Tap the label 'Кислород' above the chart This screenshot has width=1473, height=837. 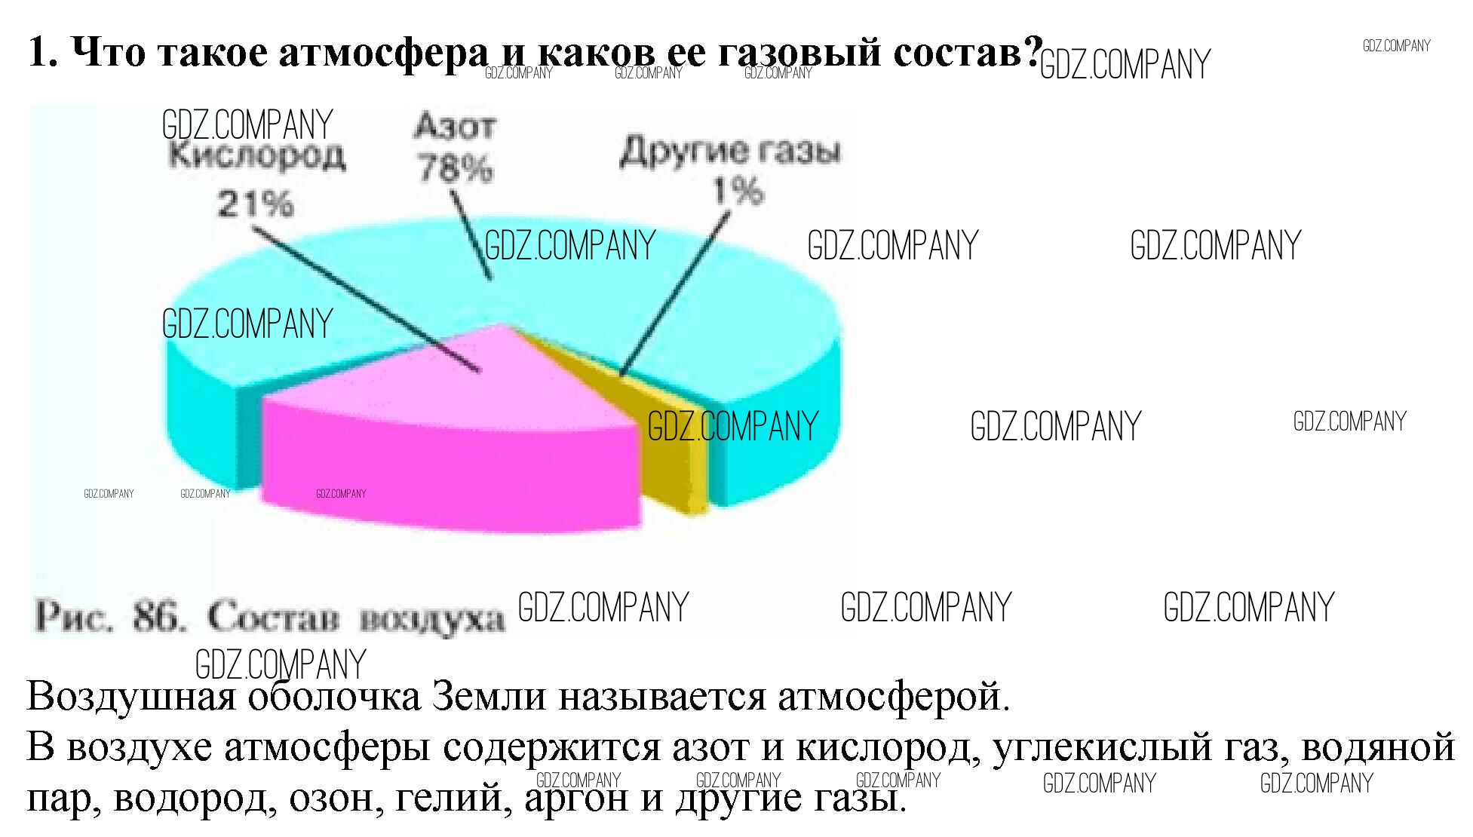click(256, 156)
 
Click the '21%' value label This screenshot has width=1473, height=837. click(255, 204)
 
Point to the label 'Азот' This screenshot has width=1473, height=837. click(455, 127)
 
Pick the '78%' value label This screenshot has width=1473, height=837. click(456, 168)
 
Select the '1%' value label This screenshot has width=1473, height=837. click(738, 192)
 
